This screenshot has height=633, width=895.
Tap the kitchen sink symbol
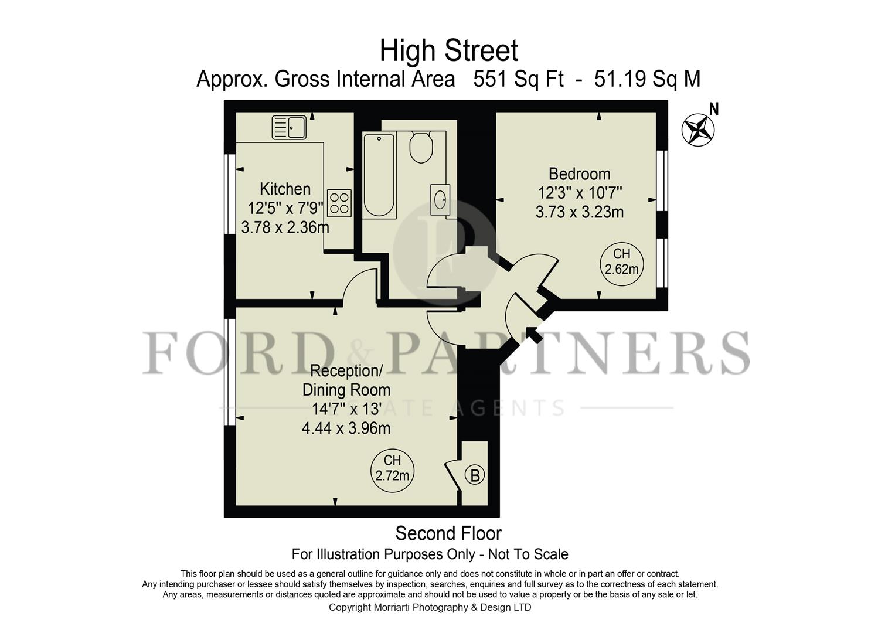289,127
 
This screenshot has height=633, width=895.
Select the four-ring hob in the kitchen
339,203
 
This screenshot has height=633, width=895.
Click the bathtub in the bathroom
379,175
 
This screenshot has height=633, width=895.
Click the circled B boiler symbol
475,475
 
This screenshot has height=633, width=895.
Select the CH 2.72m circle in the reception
392,468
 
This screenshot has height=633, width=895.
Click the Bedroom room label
579,174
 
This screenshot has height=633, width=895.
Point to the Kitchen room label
285,189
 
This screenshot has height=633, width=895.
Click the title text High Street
448,50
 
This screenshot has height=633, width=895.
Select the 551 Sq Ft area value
518,79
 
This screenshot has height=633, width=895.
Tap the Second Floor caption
448,533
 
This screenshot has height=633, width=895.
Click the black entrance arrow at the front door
533,335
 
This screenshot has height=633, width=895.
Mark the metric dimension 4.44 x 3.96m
346,428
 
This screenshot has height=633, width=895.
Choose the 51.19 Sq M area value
647,79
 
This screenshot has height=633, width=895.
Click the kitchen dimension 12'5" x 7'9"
285,208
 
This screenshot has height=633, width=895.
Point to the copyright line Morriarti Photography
430,607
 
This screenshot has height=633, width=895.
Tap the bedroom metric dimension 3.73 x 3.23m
579,212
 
